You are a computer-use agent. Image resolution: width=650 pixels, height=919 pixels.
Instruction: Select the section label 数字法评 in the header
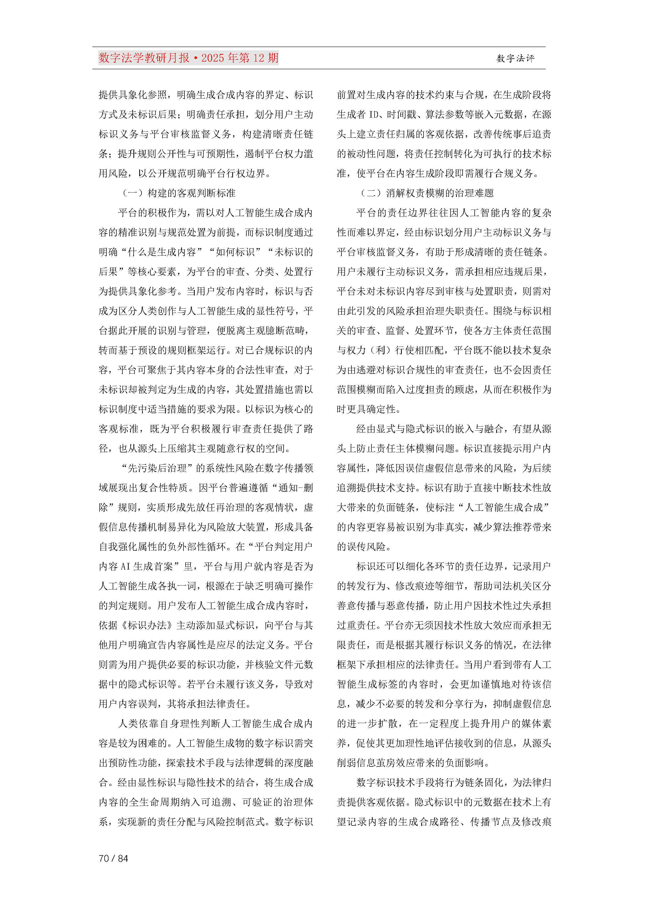[516, 58]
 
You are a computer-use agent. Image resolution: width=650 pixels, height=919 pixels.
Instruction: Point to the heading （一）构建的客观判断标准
[179, 193]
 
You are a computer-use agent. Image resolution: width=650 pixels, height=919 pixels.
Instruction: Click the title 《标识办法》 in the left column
[147, 625]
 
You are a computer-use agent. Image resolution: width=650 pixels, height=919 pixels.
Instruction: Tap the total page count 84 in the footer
[123, 858]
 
